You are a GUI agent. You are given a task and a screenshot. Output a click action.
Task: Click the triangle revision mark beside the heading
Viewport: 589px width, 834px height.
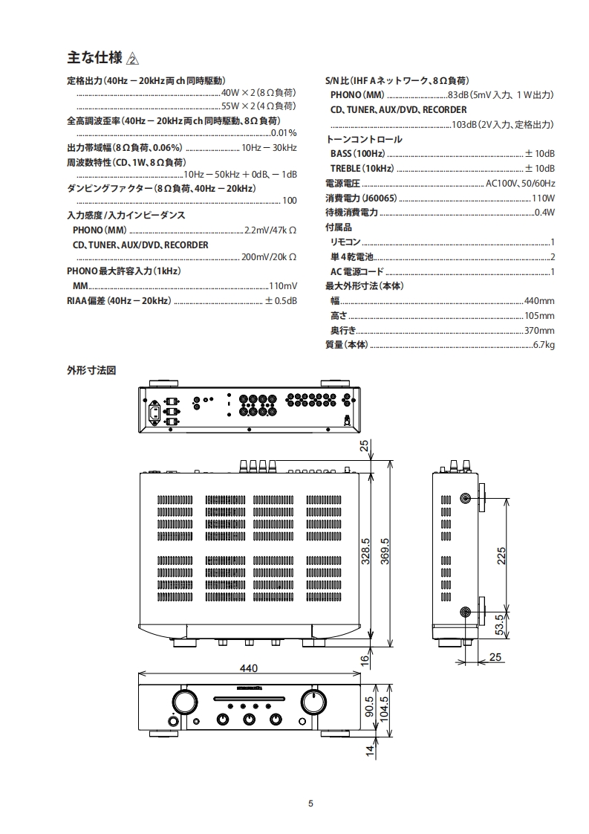tap(133, 59)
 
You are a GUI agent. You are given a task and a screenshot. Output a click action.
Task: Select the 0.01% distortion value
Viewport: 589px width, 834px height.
tap(284, 133)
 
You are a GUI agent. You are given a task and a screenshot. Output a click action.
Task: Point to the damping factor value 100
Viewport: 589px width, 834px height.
tap(290, 201)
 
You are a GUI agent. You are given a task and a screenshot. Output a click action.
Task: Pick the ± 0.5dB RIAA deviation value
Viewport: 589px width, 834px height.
tap(281, 301)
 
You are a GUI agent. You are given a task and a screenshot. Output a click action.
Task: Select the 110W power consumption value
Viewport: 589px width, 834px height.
tap(544, 198)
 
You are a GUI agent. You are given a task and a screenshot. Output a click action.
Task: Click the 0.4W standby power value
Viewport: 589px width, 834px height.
tap(544, 213)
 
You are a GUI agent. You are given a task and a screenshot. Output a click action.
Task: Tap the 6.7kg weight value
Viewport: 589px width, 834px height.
tap(544, 345)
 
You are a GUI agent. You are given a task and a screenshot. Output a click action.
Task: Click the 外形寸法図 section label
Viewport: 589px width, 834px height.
tap(91, 369)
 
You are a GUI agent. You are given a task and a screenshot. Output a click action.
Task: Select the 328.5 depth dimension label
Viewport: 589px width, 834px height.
tap(365, 552)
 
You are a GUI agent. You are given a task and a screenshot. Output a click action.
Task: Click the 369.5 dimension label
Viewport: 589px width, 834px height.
tap(385, 552)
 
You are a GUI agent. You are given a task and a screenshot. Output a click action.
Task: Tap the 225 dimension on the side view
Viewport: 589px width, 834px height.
tap(501, 555)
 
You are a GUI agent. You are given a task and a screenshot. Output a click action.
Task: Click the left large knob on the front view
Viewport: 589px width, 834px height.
tap(182, 700)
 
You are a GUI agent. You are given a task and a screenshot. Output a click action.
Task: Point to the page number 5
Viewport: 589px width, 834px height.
tap(311, 803)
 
